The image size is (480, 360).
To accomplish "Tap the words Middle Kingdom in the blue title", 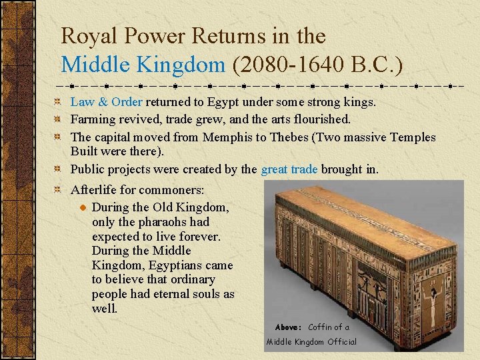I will (143, 65).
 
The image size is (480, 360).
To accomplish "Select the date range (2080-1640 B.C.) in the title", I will (317, 65).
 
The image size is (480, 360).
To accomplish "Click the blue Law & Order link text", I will (106, 102).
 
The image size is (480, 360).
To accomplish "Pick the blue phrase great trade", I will (289, 169).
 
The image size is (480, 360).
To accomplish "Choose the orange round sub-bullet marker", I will (82, 208).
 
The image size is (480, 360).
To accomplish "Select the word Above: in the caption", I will (289, 327).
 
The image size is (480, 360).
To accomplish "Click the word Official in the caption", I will (341, 342).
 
